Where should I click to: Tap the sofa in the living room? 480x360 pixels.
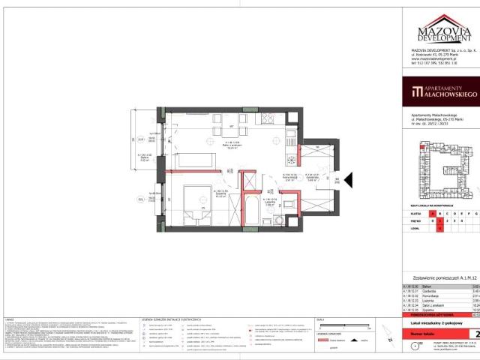pyautogui.click(x=194, y=159)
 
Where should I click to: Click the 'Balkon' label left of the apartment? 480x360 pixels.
pyautogui.click(x=145, y=157)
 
